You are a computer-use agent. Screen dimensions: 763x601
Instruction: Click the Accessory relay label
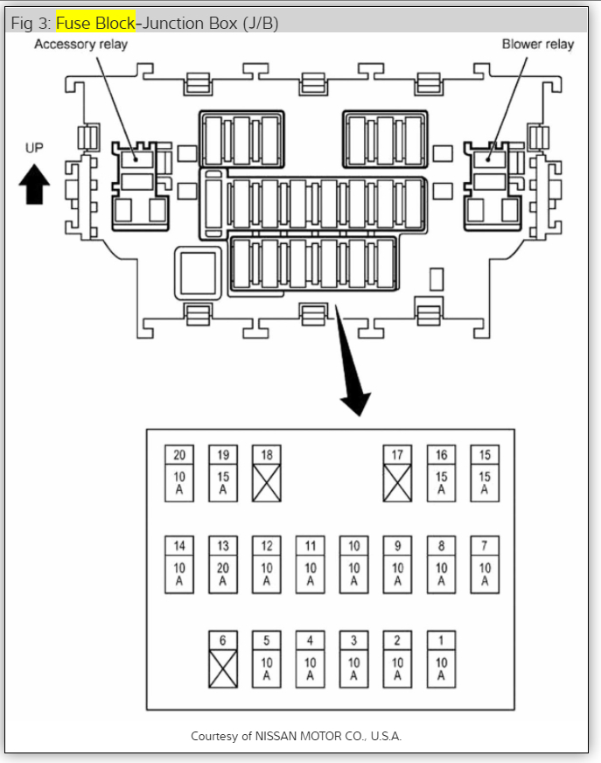[x=80, y=44]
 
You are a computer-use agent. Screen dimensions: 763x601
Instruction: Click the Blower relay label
[x=537, y=44]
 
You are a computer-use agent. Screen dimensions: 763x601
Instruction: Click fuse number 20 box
[x=179, y=455]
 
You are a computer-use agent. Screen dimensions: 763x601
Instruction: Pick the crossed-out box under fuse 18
[x=267, y=483]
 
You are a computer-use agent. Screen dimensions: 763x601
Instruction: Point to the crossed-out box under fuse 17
[x=397, y=483]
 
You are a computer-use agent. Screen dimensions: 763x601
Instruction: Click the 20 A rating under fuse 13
[x=223, y=574]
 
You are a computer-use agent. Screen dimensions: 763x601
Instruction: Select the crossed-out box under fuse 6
[x=223, y=668]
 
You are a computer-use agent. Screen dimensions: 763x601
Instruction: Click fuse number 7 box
[x=485, y=546]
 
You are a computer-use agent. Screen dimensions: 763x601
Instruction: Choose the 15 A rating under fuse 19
[x=223, y=483]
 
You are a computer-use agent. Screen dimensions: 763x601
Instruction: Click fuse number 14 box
[x=179, y=546]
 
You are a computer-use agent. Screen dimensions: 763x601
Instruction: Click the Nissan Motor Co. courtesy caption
[x=296, y=736]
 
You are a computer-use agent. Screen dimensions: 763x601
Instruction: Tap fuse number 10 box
[x=353, y=546]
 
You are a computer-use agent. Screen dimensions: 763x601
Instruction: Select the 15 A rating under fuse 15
[x=485, y=483]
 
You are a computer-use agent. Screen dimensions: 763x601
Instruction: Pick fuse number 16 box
[x=441, y=455]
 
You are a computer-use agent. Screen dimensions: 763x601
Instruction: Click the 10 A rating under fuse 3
[x=353, y=668]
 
